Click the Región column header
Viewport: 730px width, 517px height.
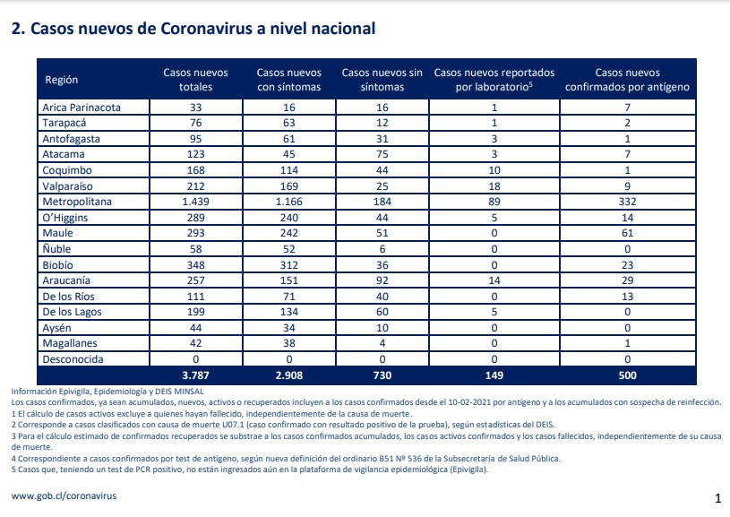(62, 80)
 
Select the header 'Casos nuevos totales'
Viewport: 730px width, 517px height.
(195, 80)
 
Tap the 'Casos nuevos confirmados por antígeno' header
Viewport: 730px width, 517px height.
(627, 80)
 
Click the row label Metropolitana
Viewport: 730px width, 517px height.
(77, 202)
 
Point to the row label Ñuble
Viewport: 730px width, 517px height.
(56, 249)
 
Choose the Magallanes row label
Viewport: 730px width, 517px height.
(70, 343)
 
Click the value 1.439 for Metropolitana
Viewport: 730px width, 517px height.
(195, 202)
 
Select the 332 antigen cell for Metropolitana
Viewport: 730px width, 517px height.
(627, 202)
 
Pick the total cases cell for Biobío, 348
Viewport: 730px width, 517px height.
(195, 265)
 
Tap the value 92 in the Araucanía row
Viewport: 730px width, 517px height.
(382, 280)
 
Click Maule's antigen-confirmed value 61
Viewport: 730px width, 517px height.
(627, 233)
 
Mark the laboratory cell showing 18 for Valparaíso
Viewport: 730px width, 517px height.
(494, 186)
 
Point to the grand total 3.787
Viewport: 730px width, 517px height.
(195, 375)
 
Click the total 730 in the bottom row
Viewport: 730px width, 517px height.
(382, 375)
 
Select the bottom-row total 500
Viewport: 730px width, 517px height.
(627, 375)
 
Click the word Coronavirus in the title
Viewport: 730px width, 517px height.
(206, 29)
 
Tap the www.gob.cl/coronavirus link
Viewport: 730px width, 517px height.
(64, 496)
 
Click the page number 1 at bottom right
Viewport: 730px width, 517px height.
(717, 498)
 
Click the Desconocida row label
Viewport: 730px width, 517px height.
(73, 359)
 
